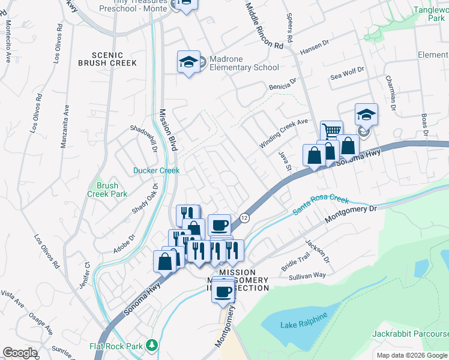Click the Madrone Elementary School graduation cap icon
click(188, 62)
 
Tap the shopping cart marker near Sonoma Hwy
click(331, 130)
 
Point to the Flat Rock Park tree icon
click(152, 345)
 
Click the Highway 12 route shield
click(244, 219)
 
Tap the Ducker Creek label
click(156, 170)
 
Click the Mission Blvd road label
click(165, 127)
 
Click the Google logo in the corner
click(20, 353)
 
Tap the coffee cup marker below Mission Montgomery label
click(223, 292)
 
